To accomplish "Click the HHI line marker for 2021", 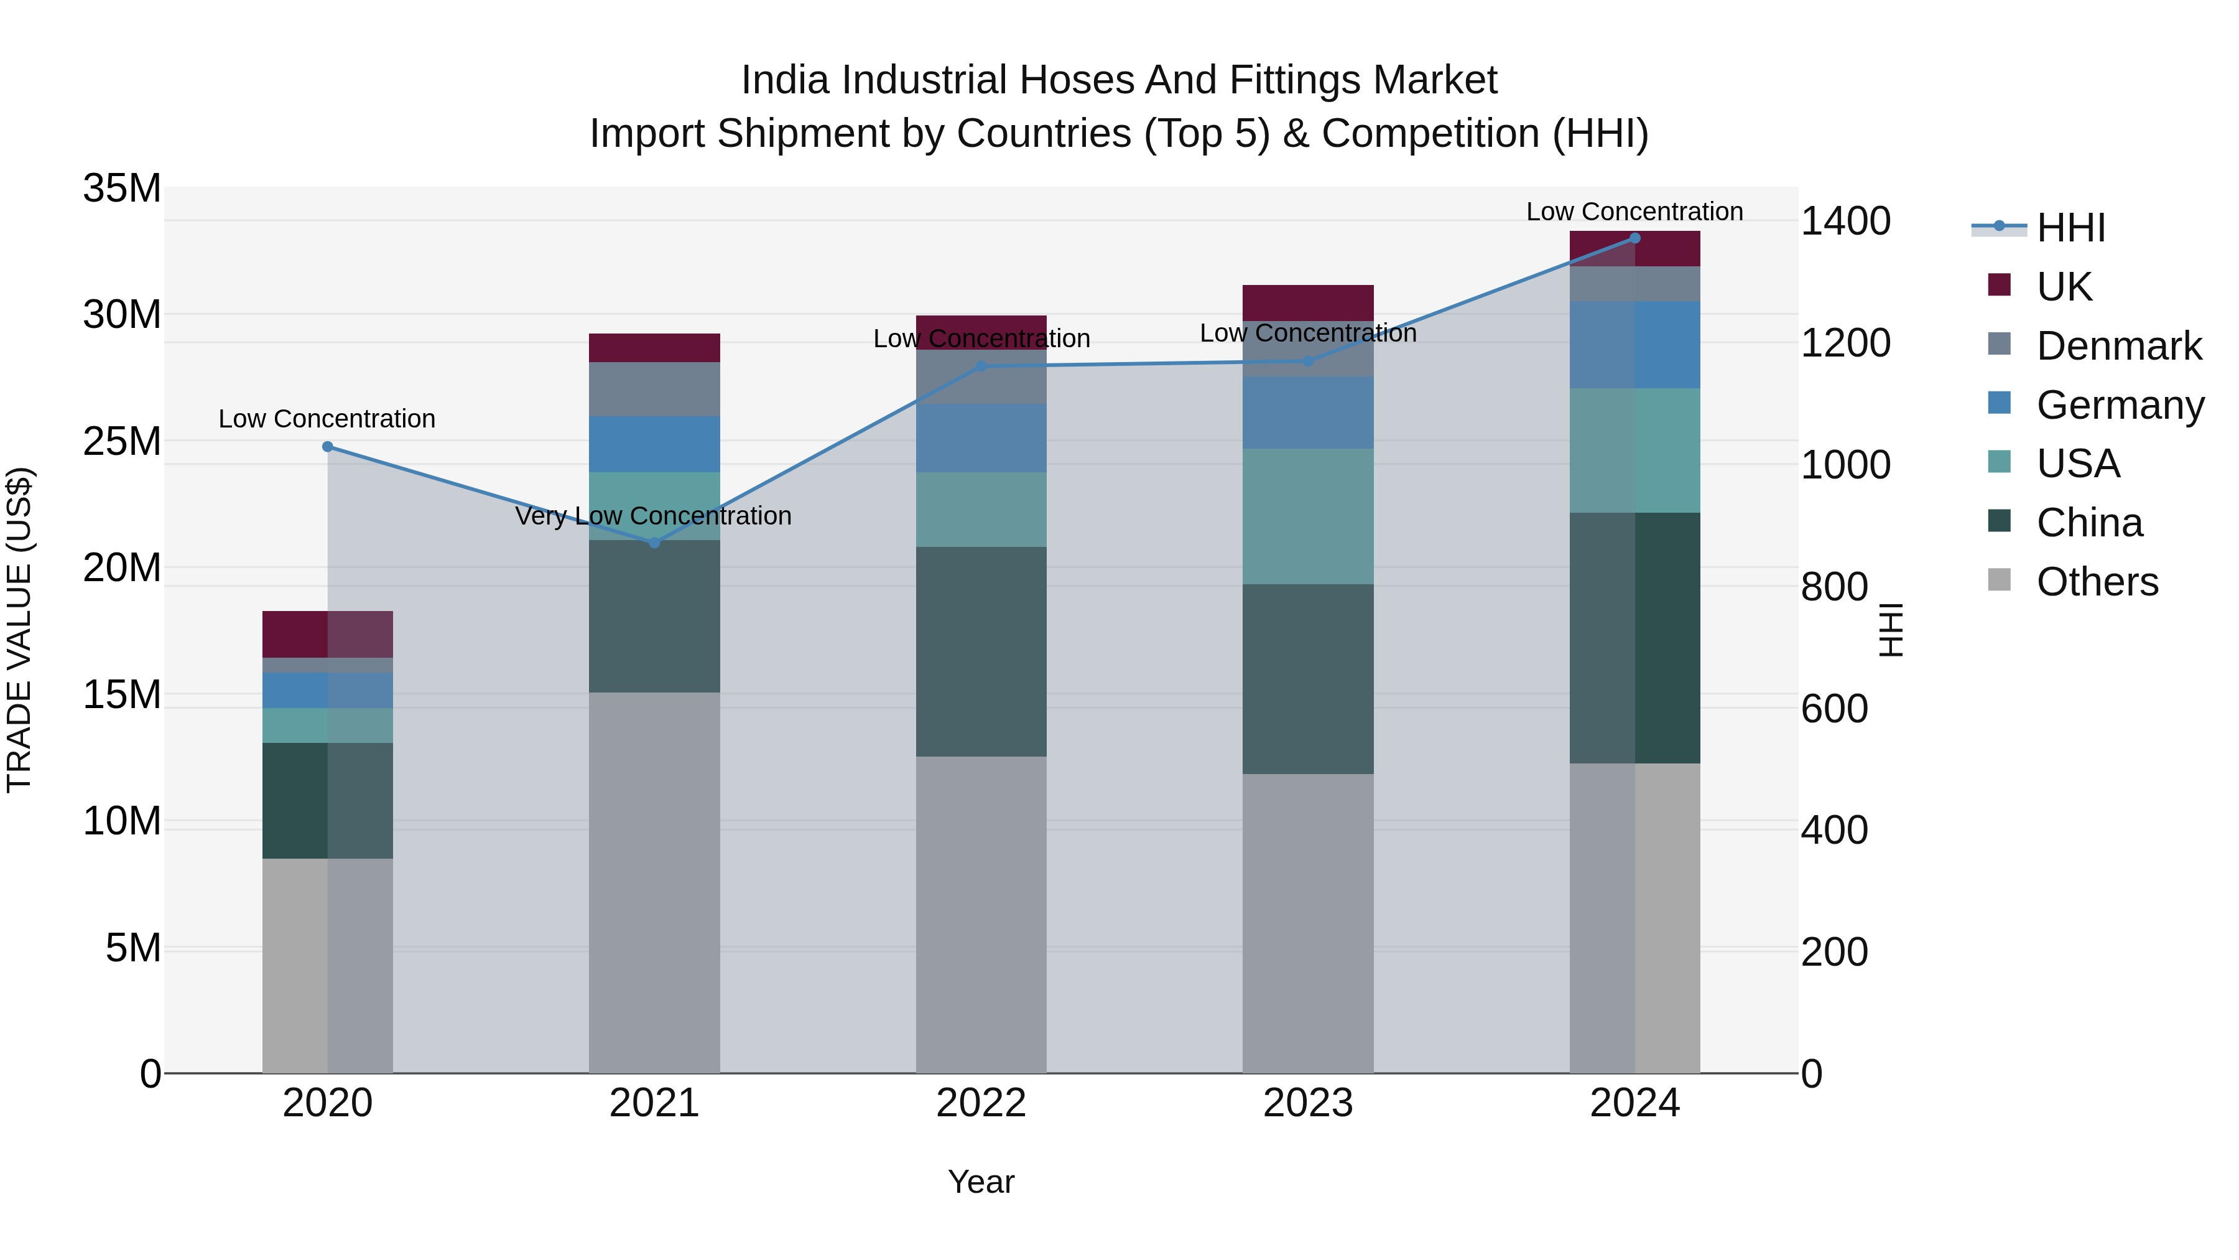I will [x=654, y=543].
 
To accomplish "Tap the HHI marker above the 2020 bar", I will [x=328, y=447].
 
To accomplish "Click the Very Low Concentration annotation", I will [x=653, y=516].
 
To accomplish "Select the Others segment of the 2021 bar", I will [x=654, y=882].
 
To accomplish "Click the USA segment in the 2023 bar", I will [x=1307, y=516].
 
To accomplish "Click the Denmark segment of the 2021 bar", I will [x=654, y=389].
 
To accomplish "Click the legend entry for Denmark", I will [x=2118, y=346].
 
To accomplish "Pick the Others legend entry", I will [x=2097, y=582].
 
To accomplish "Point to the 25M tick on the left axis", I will [x=122, y=441].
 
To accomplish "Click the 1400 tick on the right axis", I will [x=1845, y=221].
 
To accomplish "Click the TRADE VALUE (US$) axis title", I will [x=19, y=630].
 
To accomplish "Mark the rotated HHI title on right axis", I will [x=1891, y=630].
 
